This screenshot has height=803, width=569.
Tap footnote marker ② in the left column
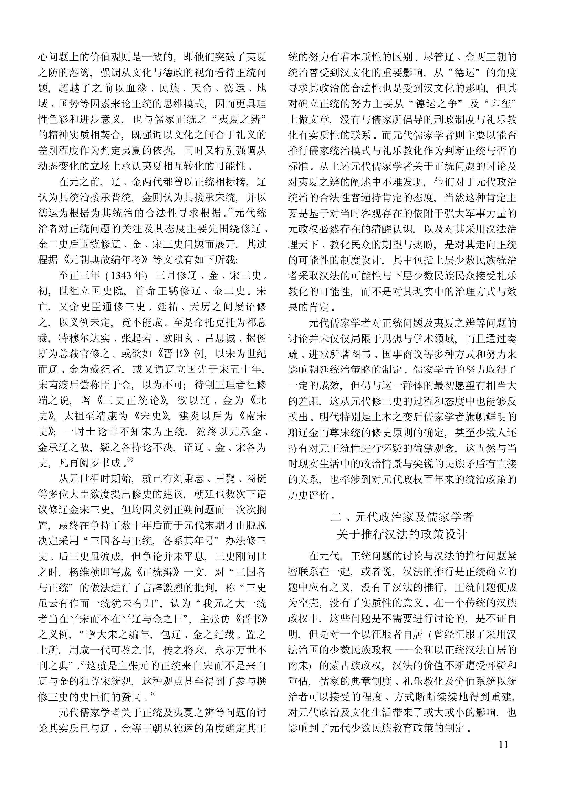230,210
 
